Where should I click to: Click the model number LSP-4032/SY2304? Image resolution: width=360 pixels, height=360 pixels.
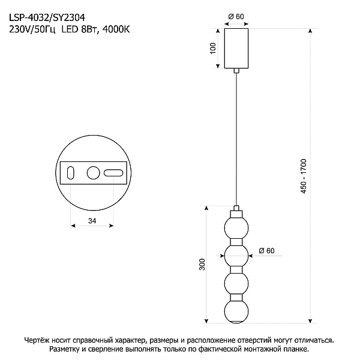47,17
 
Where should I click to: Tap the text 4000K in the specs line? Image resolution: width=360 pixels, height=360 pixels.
116,29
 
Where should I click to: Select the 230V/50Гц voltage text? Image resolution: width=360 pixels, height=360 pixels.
32,29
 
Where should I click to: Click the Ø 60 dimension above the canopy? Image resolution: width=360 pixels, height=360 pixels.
236,17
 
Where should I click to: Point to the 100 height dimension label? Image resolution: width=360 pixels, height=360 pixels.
213,48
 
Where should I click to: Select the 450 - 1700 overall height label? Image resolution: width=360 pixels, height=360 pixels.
304,176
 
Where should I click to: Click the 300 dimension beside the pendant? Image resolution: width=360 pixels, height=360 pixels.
202,264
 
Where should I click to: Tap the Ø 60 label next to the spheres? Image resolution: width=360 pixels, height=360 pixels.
266,250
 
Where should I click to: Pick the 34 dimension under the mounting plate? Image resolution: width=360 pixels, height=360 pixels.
92,221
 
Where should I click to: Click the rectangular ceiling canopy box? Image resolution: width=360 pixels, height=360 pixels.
236,48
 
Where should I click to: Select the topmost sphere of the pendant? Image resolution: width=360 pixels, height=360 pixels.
236,228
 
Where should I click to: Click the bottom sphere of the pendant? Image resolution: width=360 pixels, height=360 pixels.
236,311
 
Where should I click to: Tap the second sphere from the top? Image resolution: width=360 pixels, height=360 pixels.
236,256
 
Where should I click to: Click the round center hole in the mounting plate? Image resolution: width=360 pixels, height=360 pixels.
93,173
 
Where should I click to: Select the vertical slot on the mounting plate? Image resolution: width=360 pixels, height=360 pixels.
70,173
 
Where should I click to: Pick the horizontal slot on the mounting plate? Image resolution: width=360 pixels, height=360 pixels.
113,173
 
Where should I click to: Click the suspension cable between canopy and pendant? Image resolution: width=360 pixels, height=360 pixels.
236,139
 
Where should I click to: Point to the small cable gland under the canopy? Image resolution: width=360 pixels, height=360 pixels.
236,71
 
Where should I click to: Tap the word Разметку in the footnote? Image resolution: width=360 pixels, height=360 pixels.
64,349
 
